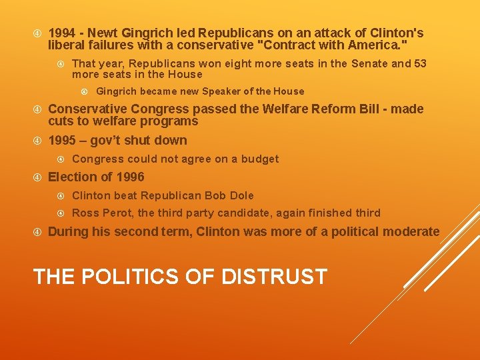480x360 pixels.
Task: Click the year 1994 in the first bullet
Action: [x=61, y=33]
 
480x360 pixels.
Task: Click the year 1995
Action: [x=63, y=141]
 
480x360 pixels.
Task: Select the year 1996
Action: [x=130, y=177]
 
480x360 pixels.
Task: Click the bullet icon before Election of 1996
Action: [x=38, y=177]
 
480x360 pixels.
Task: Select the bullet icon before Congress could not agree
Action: [x=61, y=159]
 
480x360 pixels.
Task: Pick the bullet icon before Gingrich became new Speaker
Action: [x=85, y=91]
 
